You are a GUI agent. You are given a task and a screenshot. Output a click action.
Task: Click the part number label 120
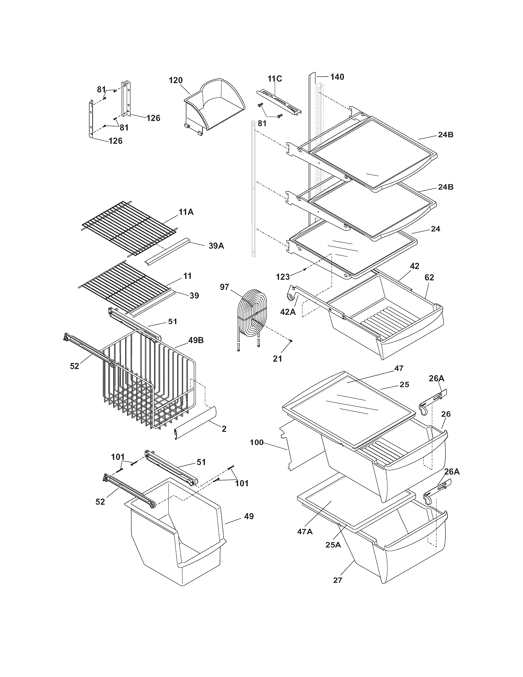click(176, 80)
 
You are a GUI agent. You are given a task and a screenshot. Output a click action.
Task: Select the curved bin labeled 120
click(214, 107)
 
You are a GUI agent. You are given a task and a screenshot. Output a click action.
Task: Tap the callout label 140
click(337, 77)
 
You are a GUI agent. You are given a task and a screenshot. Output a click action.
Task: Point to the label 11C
click(275, 79)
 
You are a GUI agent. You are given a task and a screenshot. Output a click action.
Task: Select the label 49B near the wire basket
click(195, 340)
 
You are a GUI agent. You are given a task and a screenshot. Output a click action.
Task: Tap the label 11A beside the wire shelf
click(186, 212)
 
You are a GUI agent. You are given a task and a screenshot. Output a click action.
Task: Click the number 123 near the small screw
click(283, 277)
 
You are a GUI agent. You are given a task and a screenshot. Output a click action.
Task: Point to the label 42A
click(288, 312)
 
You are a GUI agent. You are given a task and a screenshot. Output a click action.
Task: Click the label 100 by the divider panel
click(257, 442)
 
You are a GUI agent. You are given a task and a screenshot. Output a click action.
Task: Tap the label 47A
click(305, 531)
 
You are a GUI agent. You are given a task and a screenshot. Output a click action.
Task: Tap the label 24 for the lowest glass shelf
click(435, 229)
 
